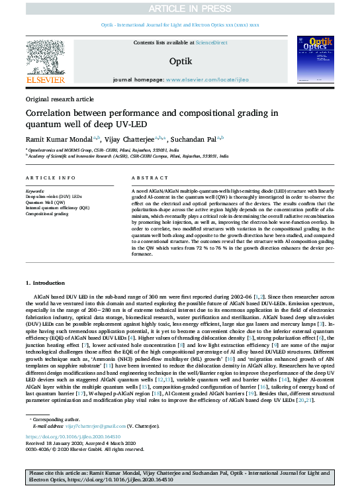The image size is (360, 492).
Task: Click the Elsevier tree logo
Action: tap(46, 56)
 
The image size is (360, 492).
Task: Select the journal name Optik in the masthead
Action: tap(179, 60)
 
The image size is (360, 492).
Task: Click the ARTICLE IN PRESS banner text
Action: tap(180, 8)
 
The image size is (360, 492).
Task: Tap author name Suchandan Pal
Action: tap(197, 140)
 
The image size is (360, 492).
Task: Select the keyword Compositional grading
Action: tap(48, 213)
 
